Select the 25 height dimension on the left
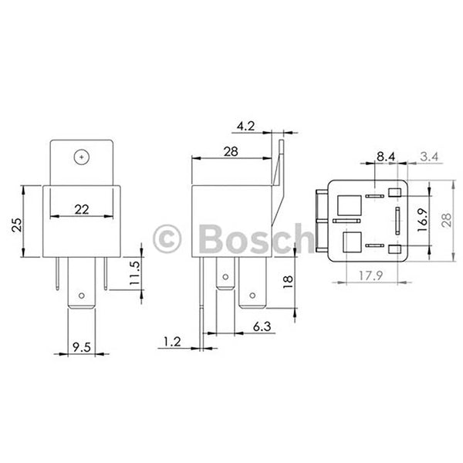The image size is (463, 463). (16, 225)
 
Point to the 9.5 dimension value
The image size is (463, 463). (81, 347)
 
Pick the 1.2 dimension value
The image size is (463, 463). (172, 340)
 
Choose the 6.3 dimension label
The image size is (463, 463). (262, 328)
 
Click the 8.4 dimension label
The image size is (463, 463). (387, 157)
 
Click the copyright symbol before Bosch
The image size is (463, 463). (167, 238)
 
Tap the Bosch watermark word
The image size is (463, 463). (246, 238)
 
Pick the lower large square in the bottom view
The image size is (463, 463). (351, 242)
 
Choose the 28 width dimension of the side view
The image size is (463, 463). (230, 152)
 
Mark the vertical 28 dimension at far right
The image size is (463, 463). (447, 221)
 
